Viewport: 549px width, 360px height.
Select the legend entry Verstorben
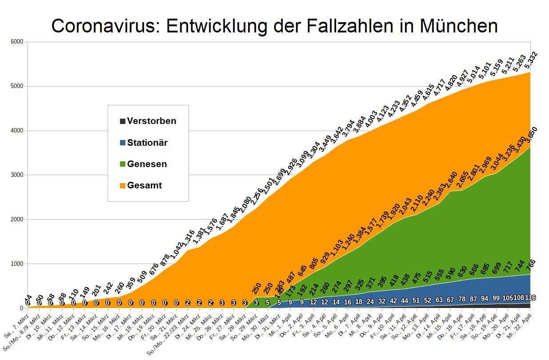pyautogui.click(x=151, y=121)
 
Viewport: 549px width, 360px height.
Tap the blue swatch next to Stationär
pyautogui.click(x=122, y=143)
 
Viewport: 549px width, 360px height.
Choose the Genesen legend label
pyautogui.click(x=147, y=164)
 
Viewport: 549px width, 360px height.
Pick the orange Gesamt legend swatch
pyautogui.click(x=122, y=186)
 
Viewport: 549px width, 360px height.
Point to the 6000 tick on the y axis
pyautogui.click(x=17, y=42)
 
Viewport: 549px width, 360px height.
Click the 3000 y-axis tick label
pyautogui.click(x=17, y=175)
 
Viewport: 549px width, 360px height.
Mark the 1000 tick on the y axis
pyautogui.click(x=17, y=264)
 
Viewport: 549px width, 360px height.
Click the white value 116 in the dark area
pyautogui.click(x=530, y=298)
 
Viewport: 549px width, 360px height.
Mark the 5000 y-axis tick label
pyautogui.click(x=17, y=86)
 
